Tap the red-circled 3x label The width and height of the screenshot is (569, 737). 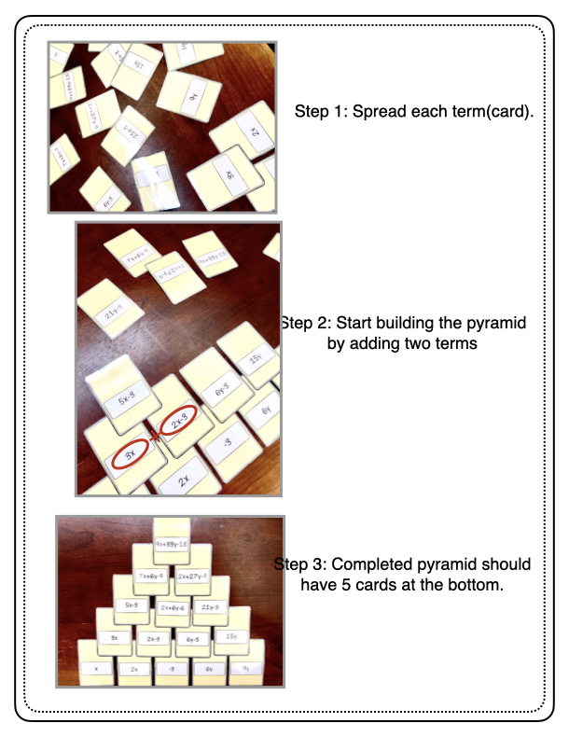click(133, 453)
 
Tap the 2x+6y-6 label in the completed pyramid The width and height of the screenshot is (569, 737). click(172, 608)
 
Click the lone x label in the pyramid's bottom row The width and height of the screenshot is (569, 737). click(96, 668)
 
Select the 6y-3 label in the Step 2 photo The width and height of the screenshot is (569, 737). click(220, 393)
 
